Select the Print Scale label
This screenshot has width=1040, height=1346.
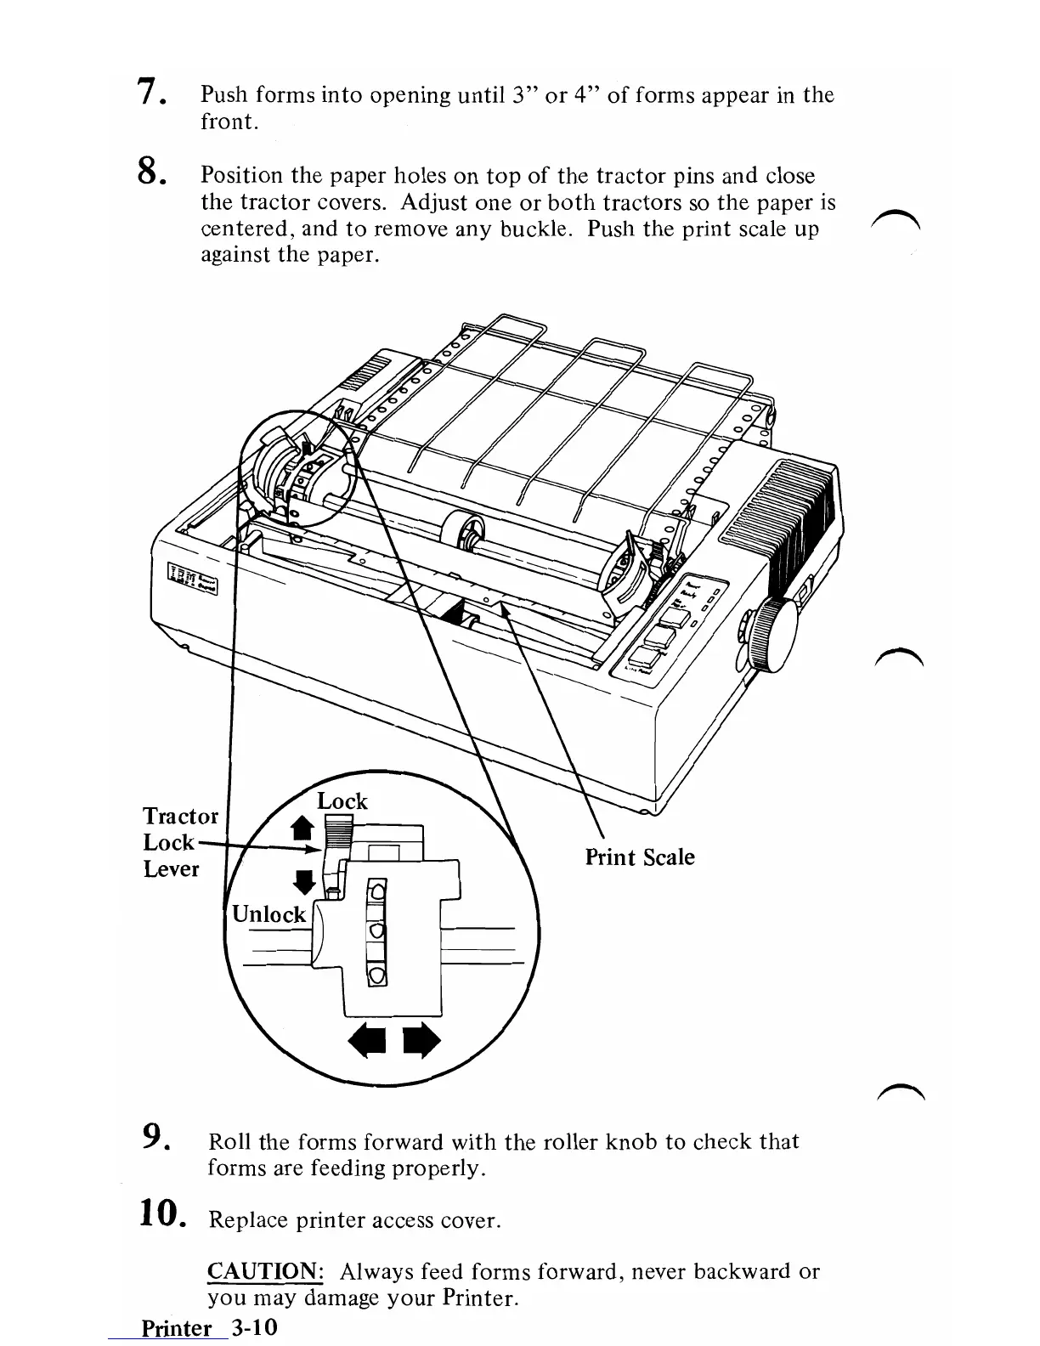(639, 857)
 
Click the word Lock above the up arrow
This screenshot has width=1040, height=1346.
(342, 801)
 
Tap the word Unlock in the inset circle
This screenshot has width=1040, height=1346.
(268, 914)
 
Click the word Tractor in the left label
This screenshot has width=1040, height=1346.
(180, 817)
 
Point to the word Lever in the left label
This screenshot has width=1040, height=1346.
(171, 869)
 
